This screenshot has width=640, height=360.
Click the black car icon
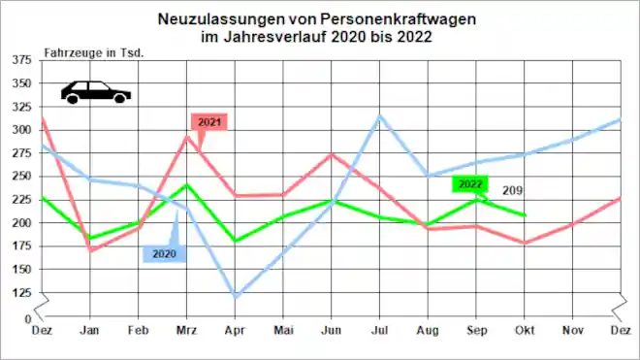[95, 92]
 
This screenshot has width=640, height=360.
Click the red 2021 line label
[209, 122]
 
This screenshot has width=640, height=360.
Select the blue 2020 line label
[163, 254]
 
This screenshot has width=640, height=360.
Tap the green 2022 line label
[470, 184]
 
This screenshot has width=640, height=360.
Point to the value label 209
[511, 190]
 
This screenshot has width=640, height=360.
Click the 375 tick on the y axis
[20, 59]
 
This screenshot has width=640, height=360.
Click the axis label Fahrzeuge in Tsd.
[94, 51]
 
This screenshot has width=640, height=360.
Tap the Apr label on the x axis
[236, 330]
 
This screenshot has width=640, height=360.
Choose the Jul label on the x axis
[380, 330]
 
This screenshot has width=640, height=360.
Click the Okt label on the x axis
[526, 330]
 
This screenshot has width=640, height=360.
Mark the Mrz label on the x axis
[187, 330]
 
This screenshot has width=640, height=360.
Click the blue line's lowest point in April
[236, 296]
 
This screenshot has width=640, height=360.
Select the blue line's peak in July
[380, 115]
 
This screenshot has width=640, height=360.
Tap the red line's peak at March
[188, 135]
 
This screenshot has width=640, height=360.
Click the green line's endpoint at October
[526, 215]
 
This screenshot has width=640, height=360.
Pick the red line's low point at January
[91, 250]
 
